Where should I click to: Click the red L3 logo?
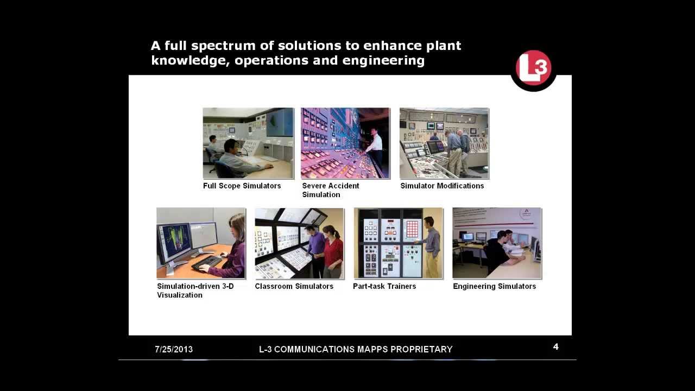point(533,68)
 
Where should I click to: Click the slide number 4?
point(555,346)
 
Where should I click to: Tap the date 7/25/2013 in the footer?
point(174,349)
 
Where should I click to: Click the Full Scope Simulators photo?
point(248,143)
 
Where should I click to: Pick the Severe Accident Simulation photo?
point(345,143)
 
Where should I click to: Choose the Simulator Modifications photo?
point(444,143)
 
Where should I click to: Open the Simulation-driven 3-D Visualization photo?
point(201,243)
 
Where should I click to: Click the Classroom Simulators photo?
point(299,243)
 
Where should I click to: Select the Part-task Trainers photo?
point(398,243)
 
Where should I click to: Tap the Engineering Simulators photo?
point(497,243)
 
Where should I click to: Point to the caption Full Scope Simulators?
point(242,186)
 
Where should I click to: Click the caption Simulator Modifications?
point(442,186)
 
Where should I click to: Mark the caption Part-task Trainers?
point(384,286)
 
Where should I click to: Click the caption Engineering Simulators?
point(494,286)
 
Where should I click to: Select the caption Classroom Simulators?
point(294,286)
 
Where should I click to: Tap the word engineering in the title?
point(383,60)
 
